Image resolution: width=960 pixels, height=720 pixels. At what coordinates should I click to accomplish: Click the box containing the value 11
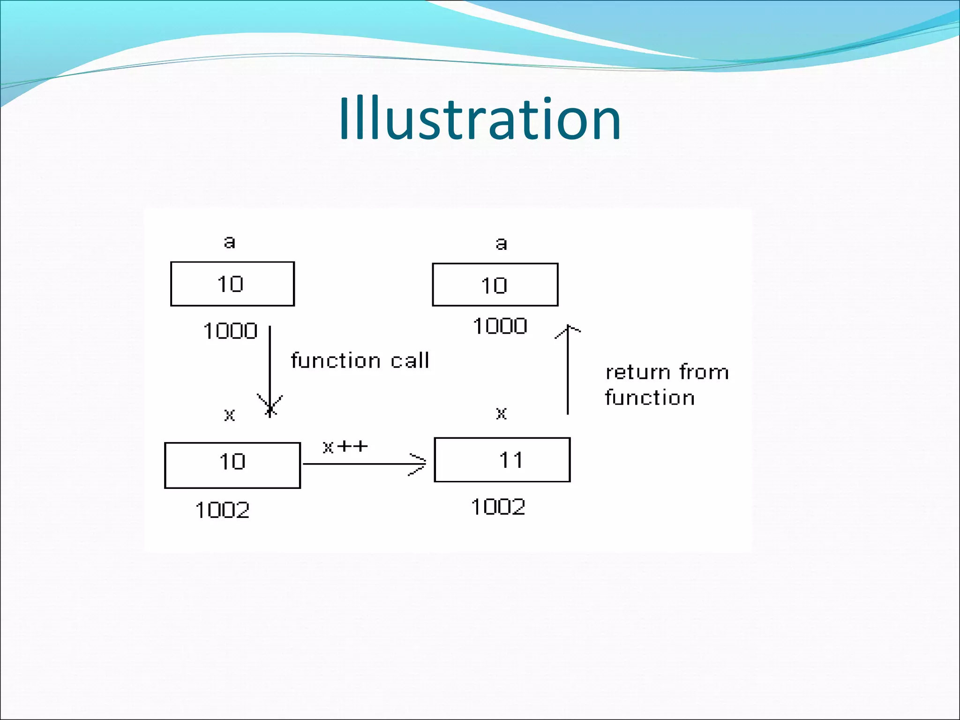tap(502, 460)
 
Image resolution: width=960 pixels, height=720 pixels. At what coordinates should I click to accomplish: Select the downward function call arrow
tap(270, 366)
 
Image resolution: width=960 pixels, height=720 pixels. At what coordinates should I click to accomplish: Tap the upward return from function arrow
tap(568, 370)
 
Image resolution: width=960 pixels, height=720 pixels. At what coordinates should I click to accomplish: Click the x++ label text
tap(345, 446)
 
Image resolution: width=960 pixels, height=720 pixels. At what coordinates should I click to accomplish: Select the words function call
tap(360, 360)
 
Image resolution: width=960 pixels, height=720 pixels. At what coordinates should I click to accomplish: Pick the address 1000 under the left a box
tap(230, 331)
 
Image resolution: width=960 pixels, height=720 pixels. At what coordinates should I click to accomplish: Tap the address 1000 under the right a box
tap(500, 326)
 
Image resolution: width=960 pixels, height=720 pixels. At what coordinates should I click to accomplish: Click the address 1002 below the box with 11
tap(498, 507)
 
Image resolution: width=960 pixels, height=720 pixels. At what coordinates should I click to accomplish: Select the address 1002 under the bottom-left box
tap(222, 510)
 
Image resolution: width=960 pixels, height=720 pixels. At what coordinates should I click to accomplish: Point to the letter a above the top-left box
tap(229, 242)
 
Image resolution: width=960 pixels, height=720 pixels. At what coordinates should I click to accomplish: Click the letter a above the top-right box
tap(501, 243)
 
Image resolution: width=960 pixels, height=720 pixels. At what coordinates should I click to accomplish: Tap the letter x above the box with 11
tap(501, 413)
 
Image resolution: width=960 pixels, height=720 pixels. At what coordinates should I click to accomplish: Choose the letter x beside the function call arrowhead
tap(229, 414)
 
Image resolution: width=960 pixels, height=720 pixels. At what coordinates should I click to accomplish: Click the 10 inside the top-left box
tap(230, 284)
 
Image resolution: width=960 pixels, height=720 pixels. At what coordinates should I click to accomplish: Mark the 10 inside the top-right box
tap(494, 285)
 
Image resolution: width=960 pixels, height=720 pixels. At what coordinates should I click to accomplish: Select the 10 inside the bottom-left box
tap(232, 462)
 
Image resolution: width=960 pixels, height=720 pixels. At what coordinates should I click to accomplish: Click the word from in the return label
tap(704, 372)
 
